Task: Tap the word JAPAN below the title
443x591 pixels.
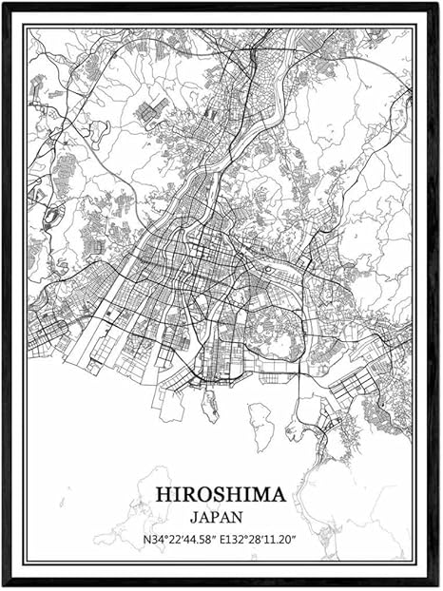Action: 216,519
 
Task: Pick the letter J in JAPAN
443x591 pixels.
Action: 194,519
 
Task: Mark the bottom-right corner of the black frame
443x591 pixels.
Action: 438,586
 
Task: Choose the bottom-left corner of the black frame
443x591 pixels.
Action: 3,586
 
